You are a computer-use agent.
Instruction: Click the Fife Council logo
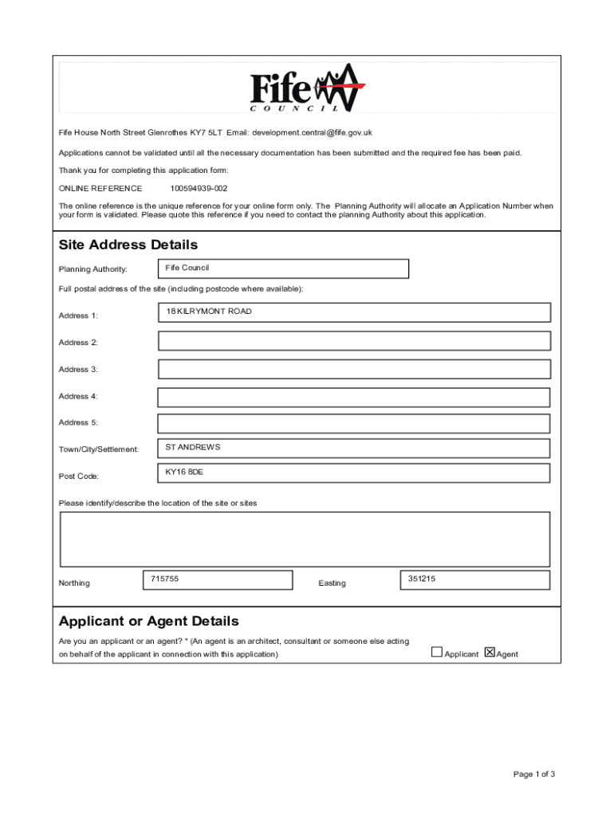307,87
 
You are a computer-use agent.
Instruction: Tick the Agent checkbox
490,653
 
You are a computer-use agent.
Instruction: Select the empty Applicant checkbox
437,653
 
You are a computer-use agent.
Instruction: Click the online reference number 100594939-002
199,189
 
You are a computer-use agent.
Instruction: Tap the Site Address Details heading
128,245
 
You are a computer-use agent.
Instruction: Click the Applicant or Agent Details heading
149,621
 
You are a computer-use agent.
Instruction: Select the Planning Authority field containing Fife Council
283,269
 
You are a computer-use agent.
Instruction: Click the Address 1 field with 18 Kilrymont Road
354,313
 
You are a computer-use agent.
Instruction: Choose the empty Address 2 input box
354,341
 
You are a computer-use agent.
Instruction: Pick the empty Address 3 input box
354,369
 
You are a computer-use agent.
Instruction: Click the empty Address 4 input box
354,397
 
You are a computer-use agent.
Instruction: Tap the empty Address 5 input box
354,423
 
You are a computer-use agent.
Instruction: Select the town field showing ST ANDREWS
354,449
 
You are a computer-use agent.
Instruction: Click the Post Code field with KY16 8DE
354,473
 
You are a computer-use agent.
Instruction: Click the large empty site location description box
305,539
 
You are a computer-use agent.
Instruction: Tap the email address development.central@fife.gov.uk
313,132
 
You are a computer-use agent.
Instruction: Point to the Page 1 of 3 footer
533,774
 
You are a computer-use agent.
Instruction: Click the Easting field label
332,583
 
